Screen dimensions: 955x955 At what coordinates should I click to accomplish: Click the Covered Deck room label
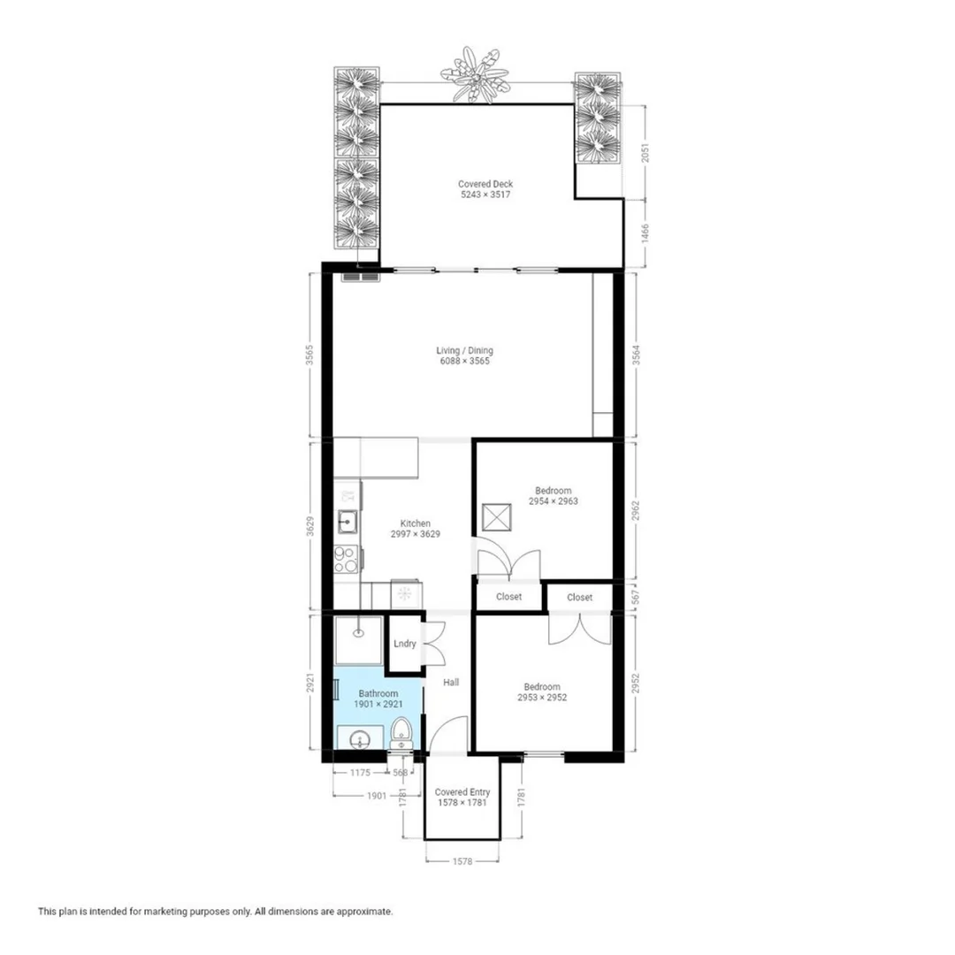tap(485, 184)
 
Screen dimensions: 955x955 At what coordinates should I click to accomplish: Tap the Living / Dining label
tap(465, 350)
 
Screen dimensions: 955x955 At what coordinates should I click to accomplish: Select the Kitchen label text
tap(416, 523)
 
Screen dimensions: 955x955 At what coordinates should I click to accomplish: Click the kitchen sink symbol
tap(348, 521)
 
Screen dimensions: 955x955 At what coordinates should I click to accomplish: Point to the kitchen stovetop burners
tap(345, 559)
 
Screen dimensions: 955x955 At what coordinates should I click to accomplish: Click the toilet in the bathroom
tap(401, 733)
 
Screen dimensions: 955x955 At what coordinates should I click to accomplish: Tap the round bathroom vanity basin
tap(361, 741)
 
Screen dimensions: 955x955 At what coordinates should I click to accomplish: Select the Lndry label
tap(405, 644)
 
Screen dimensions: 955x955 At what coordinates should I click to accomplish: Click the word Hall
tap(451, 682)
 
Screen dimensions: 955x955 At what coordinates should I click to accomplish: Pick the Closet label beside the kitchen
tap(509, 597)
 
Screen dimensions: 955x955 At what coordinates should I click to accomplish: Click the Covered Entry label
tap(462, 792)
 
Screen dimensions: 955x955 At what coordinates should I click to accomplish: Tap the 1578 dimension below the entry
tap(462, 861)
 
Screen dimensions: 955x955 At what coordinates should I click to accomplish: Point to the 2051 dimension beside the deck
tap(646, 152)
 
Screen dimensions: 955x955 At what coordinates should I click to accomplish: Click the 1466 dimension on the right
tap(646, 233)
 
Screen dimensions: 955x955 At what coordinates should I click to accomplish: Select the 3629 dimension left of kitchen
tap(310, 527)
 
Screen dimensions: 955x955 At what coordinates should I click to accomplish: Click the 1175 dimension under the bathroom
tap(360, 773)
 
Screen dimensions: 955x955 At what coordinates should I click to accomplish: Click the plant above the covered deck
tap(475, 74)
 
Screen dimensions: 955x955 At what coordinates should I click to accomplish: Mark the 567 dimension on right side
tap(636, 597)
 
